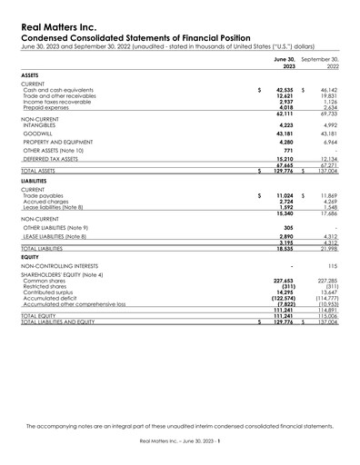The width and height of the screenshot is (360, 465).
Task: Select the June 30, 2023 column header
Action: coord(285,62)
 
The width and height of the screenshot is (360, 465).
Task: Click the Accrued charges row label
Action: coord(45,202)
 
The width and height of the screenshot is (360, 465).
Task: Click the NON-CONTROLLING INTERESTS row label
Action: coord(59,264)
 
